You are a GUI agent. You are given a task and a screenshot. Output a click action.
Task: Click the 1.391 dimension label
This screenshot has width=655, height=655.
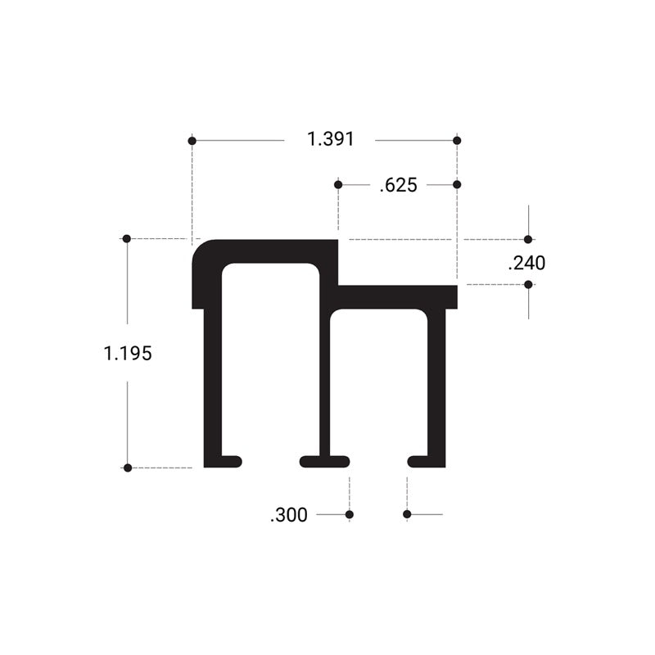(331, 140)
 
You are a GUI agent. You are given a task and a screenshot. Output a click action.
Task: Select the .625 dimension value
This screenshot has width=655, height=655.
(399, 186)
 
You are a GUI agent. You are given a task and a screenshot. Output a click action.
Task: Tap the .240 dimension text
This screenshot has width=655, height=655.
(526, 263)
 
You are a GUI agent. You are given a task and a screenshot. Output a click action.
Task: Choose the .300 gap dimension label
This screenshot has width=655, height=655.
(288, 515)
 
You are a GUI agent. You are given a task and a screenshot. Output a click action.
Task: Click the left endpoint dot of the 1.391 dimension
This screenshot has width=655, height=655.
(192, 141)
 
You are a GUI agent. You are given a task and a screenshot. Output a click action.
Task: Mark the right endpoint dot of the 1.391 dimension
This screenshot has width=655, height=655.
(457, 141)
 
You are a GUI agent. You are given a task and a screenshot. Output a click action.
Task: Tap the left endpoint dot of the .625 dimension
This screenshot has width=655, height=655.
(337, 185)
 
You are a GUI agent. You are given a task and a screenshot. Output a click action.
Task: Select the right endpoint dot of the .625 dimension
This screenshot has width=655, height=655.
(457, 185)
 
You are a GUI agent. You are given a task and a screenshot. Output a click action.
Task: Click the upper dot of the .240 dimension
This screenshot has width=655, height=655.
(528, 240)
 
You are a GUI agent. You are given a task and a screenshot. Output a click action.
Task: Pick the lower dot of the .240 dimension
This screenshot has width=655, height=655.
(528, 285)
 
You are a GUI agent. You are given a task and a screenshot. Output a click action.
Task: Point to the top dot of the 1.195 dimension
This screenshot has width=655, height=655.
(127, 238)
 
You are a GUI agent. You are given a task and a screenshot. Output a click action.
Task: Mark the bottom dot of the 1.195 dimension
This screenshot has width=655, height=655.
(127, 468)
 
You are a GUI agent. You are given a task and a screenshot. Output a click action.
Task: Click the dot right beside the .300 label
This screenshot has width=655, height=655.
(350, 514)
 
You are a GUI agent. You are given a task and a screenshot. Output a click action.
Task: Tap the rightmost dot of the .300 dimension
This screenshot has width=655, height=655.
(407, 514)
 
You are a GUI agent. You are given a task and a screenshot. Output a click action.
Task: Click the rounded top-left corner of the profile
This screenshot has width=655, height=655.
(201, 250)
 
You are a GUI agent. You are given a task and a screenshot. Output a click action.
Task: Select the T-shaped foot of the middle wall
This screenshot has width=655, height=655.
(325, 461)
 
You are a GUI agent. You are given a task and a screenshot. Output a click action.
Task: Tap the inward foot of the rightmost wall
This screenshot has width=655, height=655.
(422, 461)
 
